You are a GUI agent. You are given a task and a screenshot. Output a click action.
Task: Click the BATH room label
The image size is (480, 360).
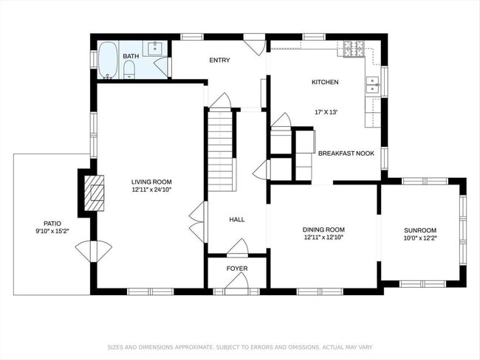tap(131, 56)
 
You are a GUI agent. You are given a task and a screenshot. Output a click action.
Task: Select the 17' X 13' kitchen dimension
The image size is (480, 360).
tap(325, 112)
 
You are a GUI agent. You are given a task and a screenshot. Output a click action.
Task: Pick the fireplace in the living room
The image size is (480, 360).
tap(93, 193)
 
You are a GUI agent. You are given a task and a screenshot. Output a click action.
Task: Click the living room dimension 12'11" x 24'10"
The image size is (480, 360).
tap(151, 190)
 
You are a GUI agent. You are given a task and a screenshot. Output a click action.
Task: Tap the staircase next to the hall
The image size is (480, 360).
tap(221, 151)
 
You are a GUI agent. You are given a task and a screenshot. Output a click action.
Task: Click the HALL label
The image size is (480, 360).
tap(236, 219)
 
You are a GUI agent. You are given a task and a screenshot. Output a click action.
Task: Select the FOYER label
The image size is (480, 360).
tap(236, 269)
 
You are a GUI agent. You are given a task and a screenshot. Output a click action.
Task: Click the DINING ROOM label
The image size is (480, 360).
tap(324, 229)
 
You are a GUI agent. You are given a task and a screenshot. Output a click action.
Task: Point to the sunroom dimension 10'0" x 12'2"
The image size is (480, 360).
tap(419, 238)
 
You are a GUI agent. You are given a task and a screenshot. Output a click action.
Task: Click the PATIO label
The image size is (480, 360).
tap(52, 223)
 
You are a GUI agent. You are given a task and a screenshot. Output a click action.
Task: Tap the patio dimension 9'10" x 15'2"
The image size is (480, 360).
tap(52, 231)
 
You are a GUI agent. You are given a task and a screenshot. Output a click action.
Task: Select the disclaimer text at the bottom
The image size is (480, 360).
tap(240, 346)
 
